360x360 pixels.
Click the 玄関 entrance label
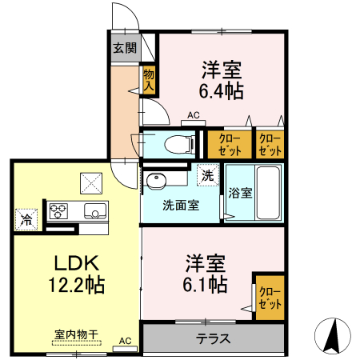[x=124, y=48]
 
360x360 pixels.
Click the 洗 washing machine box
[x=207, y=175]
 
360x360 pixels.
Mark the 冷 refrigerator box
[x=26, y=218]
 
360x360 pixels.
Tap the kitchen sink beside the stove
[x=94, y=212]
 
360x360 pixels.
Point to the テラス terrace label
[x=214, y=338]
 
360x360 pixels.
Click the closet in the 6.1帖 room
[x=269, y=297]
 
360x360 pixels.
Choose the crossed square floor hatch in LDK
[x=90, y=182]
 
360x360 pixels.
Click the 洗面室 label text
[x=181, y=204]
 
